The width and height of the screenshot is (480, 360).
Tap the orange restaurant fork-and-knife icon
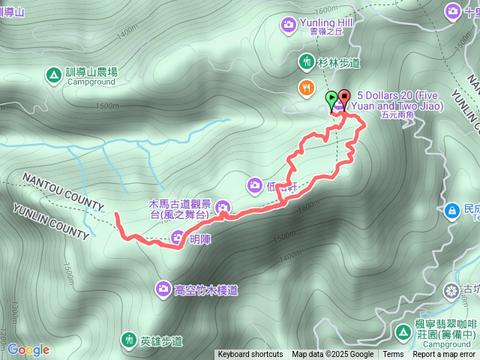tap(306, 88)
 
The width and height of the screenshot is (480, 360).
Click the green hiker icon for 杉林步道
tap(306, 61)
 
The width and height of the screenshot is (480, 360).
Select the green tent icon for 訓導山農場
tap(53, 75)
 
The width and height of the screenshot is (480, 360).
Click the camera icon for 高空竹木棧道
tap(163, 288)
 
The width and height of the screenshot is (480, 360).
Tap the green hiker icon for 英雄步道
tap(128, 341)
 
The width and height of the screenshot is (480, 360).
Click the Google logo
tap(28, 349)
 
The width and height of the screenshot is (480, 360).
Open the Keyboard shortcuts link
tap(250, 355)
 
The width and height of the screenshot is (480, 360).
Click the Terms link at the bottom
tap(393, 355)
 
